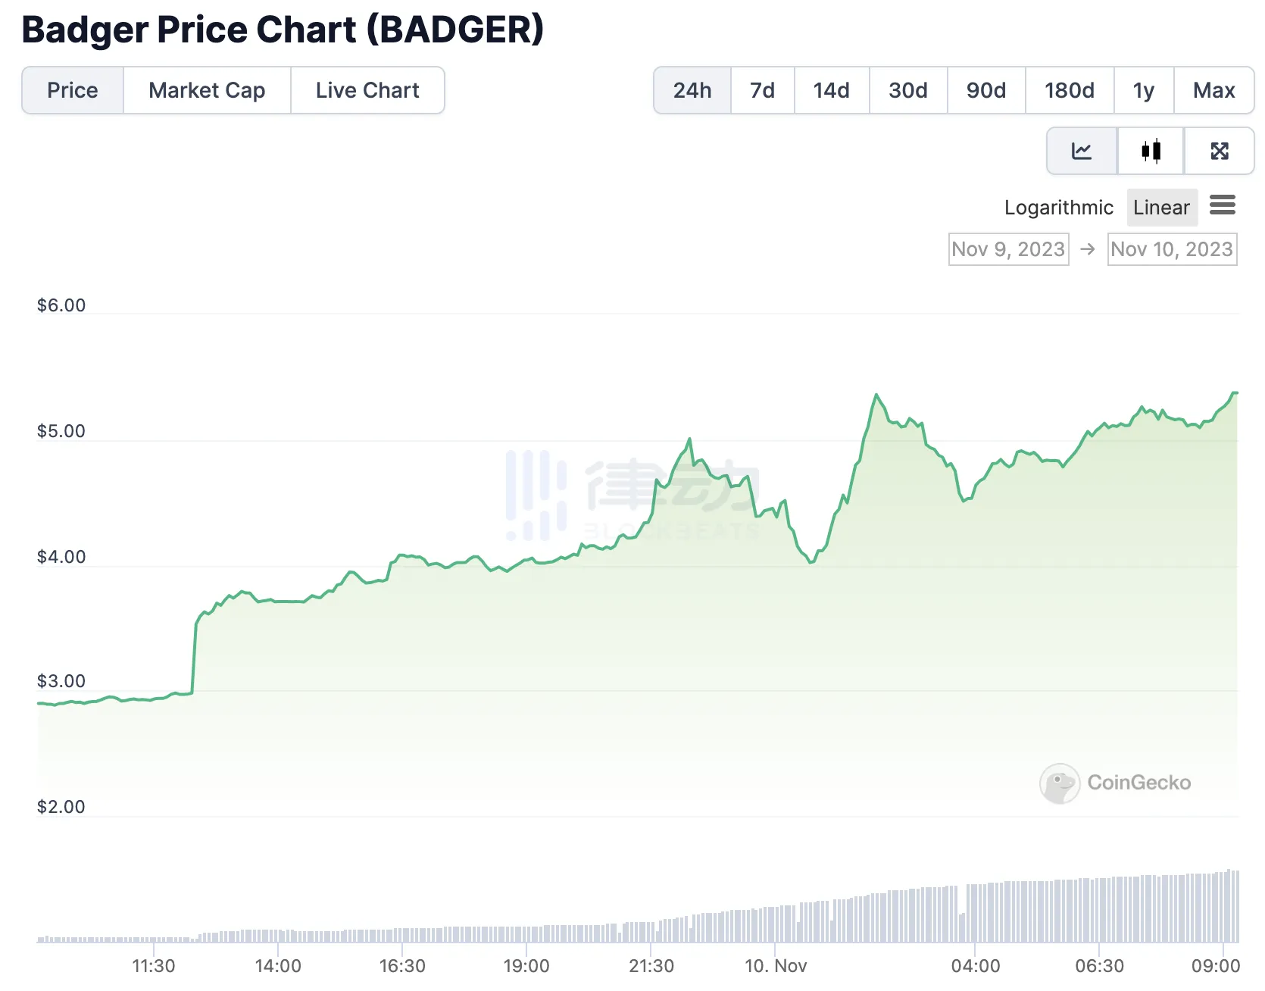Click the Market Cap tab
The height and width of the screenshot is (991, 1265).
click(x=207, y=90)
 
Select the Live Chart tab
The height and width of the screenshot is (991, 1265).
click(x=367, y=90)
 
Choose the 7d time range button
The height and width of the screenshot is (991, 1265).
click(x=762, y=90)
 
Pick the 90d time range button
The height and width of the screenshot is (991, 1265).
click(x=985, y=90)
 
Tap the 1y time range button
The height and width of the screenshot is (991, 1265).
click(x=1143, y=90)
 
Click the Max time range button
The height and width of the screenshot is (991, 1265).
click(x=1213, y=90)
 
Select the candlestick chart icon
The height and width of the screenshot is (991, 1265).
click(x=1151, y=151)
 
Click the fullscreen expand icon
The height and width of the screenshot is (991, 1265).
click(x=1219, y=151)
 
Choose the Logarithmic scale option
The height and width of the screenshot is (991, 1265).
click(x=1058, y=208)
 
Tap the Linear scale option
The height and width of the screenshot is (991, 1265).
click(x=1161, y=208)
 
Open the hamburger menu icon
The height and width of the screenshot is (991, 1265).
click(x=1222, y=205)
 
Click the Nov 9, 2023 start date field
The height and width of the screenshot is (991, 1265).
click(x=1008, y=249)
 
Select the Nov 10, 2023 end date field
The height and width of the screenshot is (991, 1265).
click(x=1172, y=249)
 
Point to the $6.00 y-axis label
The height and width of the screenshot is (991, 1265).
click(x=61, y=305)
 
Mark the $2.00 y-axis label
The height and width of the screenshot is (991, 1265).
click(x=61, y=807)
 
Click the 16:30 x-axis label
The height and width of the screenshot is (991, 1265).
click(x=402, y=966)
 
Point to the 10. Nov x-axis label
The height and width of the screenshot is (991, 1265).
click(x=776, y=966)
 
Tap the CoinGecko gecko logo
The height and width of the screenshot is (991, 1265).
click(x=1059, y=783)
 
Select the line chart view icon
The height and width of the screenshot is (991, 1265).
click(x=1081, y=151)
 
